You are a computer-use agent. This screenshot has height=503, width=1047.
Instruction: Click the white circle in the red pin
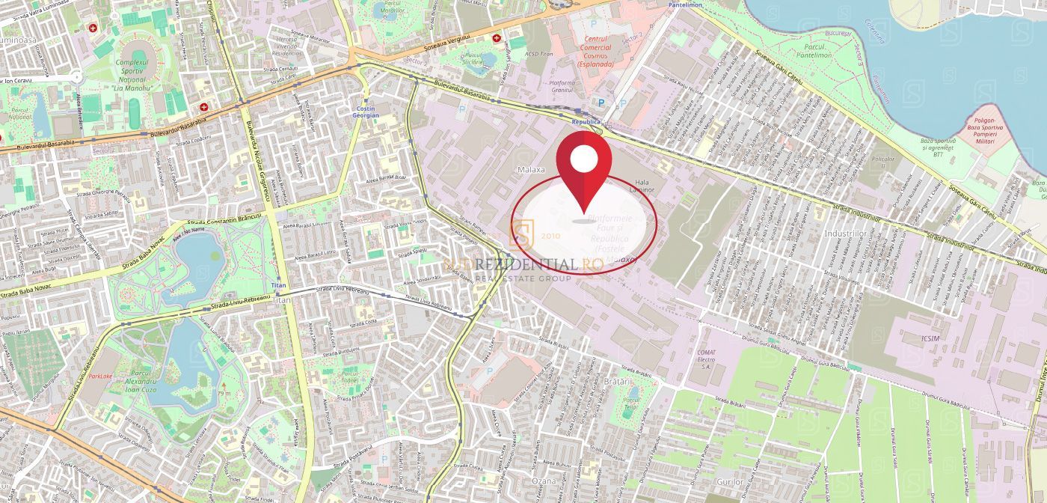coord(584,158)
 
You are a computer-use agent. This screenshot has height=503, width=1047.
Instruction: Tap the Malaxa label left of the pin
coord(531,170)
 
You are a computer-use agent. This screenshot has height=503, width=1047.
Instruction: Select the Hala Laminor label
coord(643,186)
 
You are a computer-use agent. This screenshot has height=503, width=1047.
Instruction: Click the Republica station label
coord(586,121)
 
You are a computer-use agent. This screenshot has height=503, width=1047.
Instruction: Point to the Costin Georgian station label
coord(366,112)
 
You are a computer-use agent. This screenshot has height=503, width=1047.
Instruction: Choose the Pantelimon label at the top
coord(685,4)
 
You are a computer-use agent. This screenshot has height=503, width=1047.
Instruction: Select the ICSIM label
coord(932,339)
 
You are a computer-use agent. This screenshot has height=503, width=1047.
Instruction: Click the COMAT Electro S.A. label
coord(706,357)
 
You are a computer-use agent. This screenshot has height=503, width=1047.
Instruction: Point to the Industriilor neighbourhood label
coord(844,234)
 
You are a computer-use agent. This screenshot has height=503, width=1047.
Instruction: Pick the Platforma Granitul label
coord(562,87)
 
